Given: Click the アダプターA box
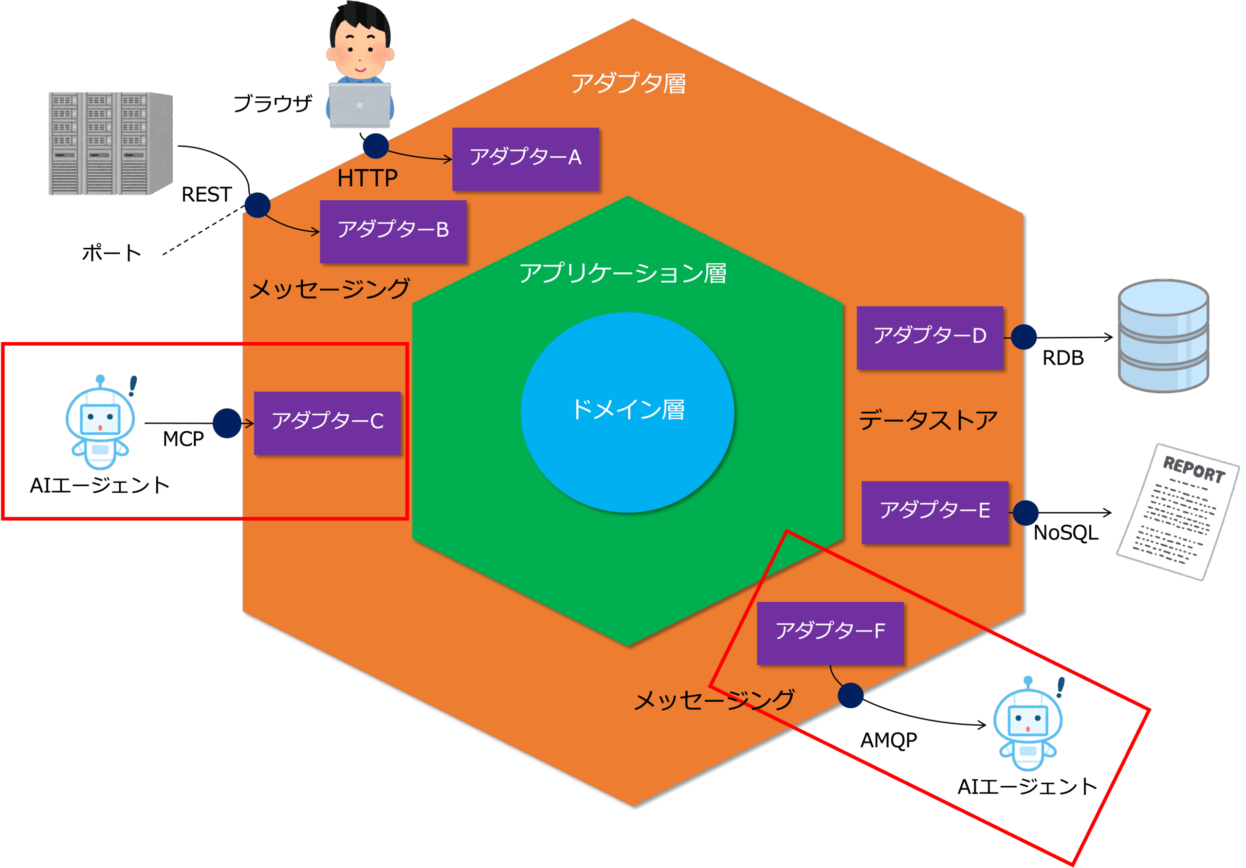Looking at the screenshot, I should tap(525, 159).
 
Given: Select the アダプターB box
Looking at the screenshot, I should tap(393, 231).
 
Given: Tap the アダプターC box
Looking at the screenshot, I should tap(327, 423).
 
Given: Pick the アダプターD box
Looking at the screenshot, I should tap(930, 337).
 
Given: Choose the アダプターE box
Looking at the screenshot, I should tap(934, 512).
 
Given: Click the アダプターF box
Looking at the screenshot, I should tap(830, 632).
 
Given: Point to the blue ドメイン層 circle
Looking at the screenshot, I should tap(627, 412).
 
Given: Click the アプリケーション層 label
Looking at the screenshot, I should tap(623, 273).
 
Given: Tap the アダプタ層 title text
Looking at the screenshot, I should tap(628, 84).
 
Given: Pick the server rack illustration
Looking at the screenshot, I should tap(110, 143).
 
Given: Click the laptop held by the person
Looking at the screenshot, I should tap(360, 105).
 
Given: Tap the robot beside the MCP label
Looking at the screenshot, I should tap(100, 424).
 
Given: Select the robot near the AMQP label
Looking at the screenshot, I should tap(1027, 725).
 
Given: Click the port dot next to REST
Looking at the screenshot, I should tap(257, 205).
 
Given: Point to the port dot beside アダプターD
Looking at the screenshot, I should tap(1024, 337).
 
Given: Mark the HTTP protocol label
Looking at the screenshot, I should tap(367, 178).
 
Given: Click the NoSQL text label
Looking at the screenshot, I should tap(1066, 533).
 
